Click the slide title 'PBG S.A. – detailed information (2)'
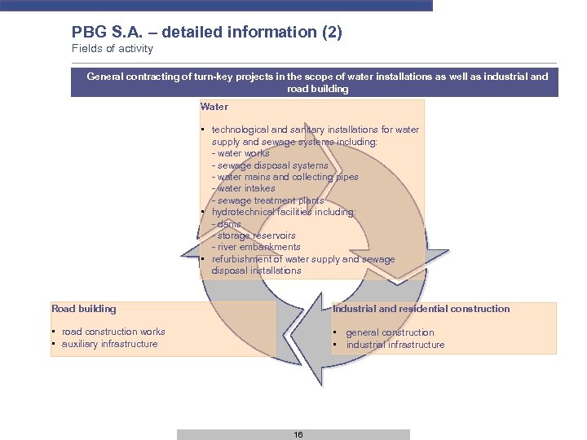pos(206,33)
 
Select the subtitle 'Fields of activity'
pos(112,49)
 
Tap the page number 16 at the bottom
pos(298,435)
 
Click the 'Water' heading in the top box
pos(214,107)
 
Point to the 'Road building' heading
pos(84,309)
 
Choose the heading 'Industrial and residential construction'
pos(421,309)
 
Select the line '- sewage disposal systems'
pos(269,165)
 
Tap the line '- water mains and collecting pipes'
pos(285,177)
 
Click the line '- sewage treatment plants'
pos(267,200)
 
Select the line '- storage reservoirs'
pos(254,235)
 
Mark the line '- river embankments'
pos(256,247)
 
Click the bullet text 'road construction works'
pos(113,332)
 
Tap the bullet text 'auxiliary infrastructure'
pos(110,344)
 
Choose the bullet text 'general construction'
pos(390,332)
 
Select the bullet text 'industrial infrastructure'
pos(395,345)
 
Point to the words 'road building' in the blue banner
pos(318,89)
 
